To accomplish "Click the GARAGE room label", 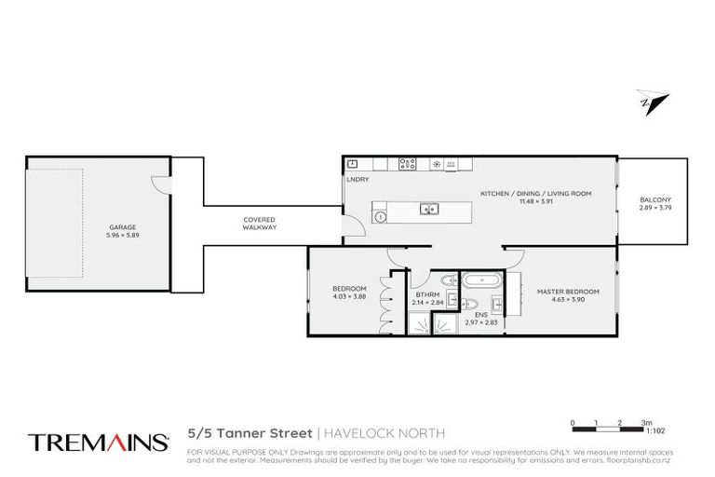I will click(x=122, y=226).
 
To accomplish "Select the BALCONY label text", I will click(x=655, y=201).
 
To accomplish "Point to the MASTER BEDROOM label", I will click(x=568, y=292).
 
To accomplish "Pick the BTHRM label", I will click(x=427, y=293).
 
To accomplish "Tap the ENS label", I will click(x=481, y=315).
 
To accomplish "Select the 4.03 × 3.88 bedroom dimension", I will click(x=349, y=296).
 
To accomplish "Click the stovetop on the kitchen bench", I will click(x=408, y=164).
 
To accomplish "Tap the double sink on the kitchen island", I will click(x=429, y=209).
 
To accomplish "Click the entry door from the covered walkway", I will click(x=351, y=226).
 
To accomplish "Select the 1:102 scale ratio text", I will click(x=654, y=431).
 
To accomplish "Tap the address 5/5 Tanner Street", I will click(x=250, y=433).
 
